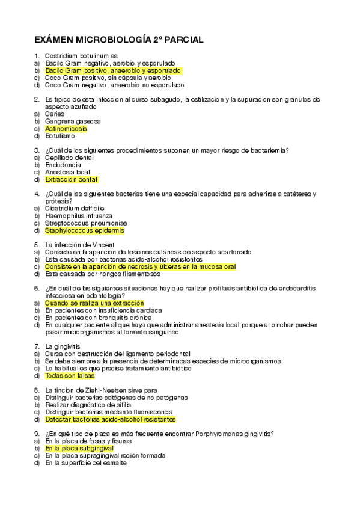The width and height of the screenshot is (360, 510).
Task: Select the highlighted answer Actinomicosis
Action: click(x=66, y=129)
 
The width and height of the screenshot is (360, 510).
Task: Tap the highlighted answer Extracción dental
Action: click(x=71, y=179)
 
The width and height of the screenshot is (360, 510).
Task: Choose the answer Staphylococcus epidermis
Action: click(x=85, y=230)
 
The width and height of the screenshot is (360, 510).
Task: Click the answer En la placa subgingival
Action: click(x=79, y=449)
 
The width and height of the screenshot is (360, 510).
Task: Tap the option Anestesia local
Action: click(x=67, y=172)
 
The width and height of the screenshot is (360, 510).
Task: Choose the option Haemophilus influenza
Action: click(x=78, y=215)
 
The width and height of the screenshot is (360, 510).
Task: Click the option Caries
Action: click(x=55, y=114)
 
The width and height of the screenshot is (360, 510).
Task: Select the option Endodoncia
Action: click(x=63, y=165)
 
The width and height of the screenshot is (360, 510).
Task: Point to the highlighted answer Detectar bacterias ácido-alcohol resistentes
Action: click(x=110, y=419)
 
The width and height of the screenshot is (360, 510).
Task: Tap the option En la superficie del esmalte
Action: click(x=86, y=463)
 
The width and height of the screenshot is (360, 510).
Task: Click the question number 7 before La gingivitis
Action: click(x=37, y=346)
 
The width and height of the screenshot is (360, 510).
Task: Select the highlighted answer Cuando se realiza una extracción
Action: click(x=94, y=303)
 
